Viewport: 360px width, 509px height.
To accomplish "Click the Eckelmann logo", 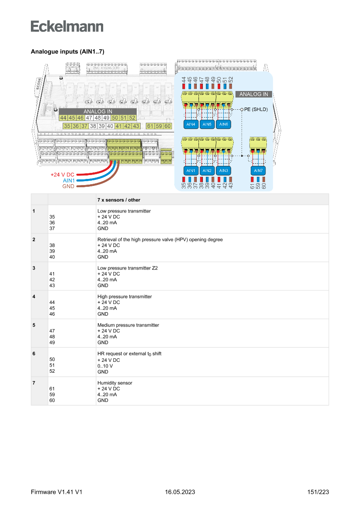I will pos(67,26).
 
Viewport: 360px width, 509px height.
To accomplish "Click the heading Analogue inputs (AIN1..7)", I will pos(67,52).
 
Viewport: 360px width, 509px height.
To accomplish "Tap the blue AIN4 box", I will pos(190,125).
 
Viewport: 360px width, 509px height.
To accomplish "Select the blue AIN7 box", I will pos(258,170).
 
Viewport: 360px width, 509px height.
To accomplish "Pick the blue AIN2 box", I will pos(207,170).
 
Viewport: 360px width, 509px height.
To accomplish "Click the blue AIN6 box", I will pos(223,125).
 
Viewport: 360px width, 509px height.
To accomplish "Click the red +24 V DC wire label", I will pos(62,175).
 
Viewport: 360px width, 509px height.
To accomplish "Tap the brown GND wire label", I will pos(68,186).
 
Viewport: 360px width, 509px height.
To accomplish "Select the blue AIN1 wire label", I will pos(69,180).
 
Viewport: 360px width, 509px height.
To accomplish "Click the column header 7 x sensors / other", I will pos(119,200).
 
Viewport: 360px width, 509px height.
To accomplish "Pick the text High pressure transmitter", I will pos(124,297).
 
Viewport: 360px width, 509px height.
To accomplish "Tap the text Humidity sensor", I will pos(114,383).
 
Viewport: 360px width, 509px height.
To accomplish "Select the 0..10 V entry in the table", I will pos(105,366).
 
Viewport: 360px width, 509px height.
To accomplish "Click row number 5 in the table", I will pos(34,325).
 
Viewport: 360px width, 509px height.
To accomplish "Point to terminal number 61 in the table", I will pos(52,388).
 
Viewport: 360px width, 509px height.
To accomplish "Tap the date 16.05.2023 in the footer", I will pos(180,492).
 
